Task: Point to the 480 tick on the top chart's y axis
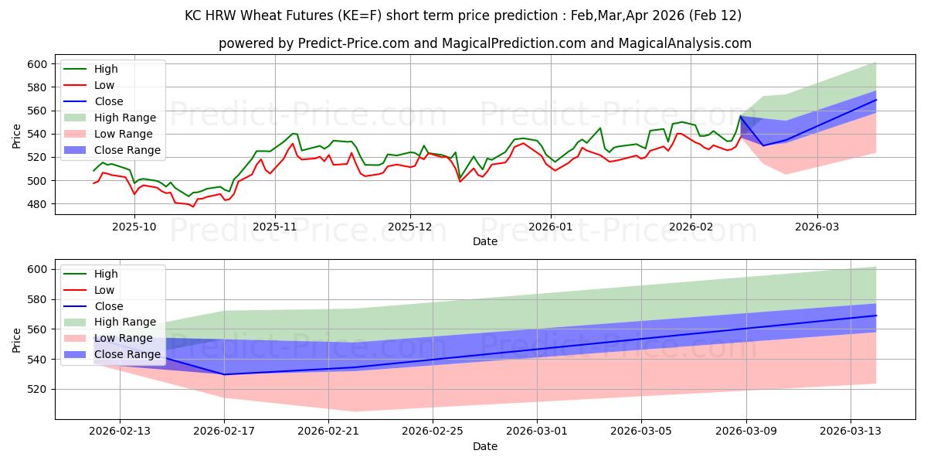tap(36, 204)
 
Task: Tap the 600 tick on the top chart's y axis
tap(36, 64)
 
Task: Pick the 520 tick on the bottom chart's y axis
tap(36, 389)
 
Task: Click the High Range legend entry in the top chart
tap(124, 118)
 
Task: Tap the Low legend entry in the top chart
tap(104, 85)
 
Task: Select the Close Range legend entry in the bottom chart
tap(127, 355)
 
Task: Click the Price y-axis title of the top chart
tap(17, 135)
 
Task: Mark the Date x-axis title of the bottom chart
tap(485, 446)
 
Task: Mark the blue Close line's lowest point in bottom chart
tap(224, 374)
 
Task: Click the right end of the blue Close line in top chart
tap(876, 100)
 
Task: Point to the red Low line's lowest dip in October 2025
tap(193, 206)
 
